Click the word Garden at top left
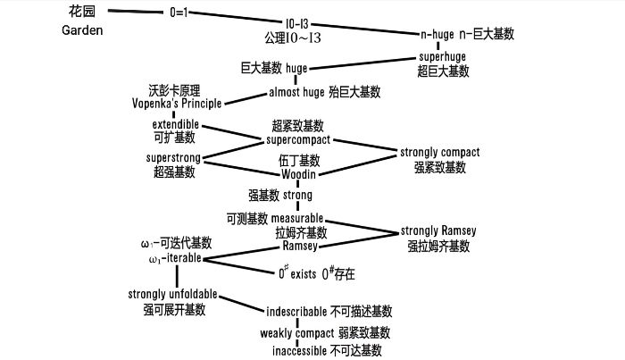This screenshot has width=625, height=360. click(83, 30)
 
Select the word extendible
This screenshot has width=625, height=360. click(176, 123)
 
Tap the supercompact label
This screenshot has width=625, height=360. click(298, 140)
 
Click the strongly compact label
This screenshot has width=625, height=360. click(440, 153)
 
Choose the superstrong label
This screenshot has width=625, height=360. click(173, 157)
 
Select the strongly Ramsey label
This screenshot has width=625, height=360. click(438, 230)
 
